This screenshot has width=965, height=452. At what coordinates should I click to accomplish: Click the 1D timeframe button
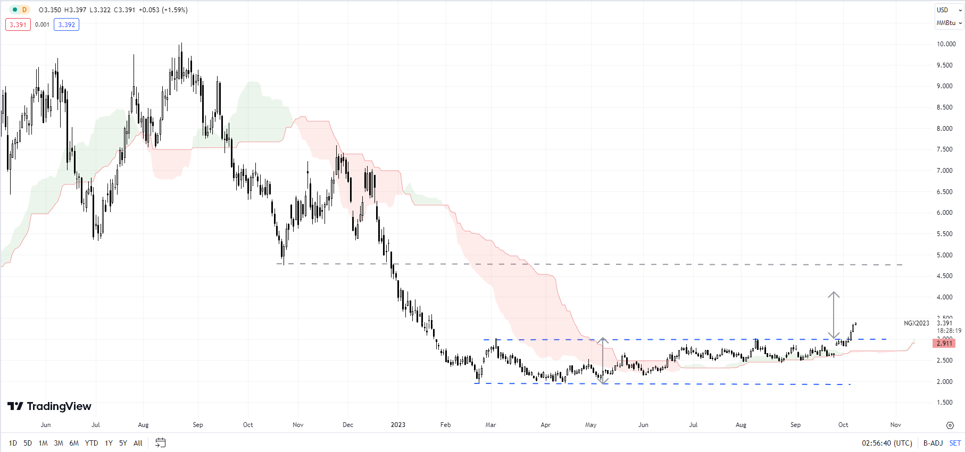[13, 443]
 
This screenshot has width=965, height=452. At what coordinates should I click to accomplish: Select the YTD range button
[91, 443]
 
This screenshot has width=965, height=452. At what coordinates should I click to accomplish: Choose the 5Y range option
[123, 443]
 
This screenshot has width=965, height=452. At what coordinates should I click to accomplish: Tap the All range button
[138, 443]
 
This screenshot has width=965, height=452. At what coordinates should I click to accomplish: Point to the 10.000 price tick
[946, 44]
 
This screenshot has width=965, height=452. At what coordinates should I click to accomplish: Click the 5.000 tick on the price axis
[945, 255]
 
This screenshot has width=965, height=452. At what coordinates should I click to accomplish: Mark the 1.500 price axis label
[945, 403]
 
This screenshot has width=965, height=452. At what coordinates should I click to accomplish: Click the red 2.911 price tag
[944, 344]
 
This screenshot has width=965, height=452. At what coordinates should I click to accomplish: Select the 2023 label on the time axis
[398, 425]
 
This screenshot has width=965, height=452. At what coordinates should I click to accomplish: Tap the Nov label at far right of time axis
[896, 425]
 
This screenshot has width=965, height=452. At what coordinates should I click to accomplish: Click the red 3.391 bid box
[18, 24]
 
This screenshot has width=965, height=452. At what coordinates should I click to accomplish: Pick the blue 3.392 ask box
[66, 24]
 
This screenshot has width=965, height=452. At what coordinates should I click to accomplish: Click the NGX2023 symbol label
[916, 323]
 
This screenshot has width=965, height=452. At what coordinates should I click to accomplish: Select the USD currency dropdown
[949, 10]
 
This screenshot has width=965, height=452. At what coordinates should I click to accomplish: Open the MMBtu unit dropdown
[949, 23]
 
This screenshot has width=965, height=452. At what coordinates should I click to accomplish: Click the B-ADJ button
[933, 443]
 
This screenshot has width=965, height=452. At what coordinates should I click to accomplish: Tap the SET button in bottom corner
[955, 443]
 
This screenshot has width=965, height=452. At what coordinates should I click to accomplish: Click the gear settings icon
[950, 425]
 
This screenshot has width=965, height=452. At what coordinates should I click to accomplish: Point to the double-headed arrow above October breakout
[834, 315]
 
